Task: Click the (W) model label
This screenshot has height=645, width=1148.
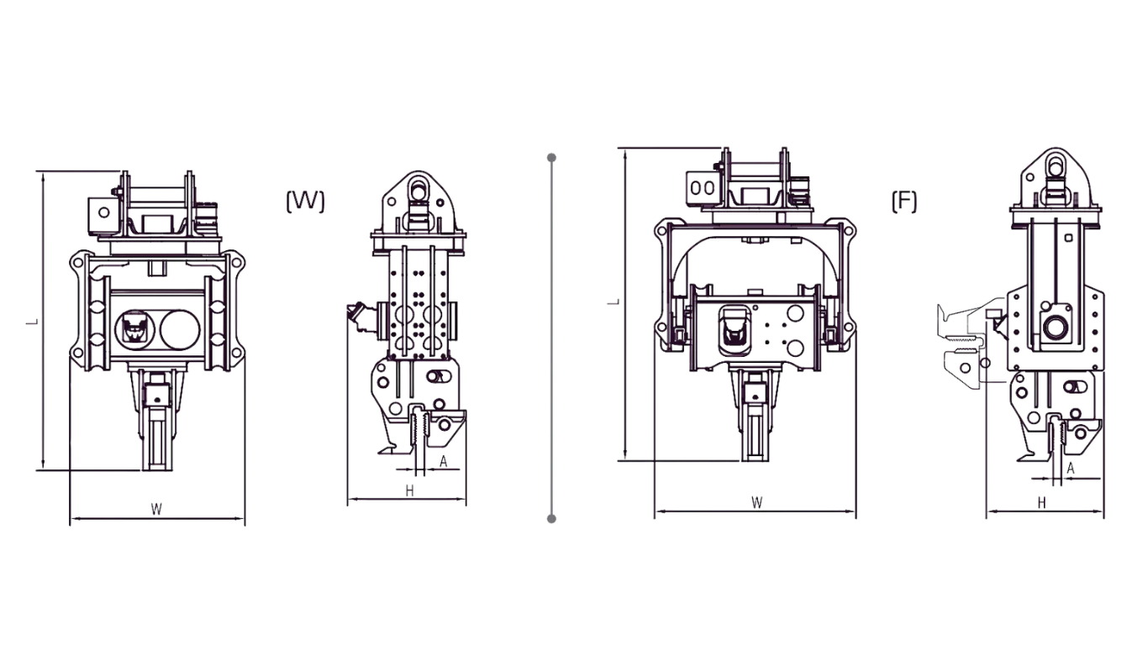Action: tap(305, 201)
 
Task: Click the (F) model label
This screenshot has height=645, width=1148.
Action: tap(904, 201)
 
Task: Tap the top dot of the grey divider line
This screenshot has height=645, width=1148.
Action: tap(551, 157)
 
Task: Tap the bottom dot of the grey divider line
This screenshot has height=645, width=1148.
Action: tap(551, 518)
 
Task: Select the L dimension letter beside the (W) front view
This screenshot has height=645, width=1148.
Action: tap(33, 322)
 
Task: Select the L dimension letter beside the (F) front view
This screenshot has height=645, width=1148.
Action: tap(613, 302)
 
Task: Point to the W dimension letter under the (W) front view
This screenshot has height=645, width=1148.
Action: tap(156, 509)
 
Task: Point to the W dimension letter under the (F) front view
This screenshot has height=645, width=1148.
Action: tap(757, 502)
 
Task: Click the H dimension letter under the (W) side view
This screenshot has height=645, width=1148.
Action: tap(409, 491)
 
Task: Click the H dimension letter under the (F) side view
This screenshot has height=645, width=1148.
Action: tap(1042, 502)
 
